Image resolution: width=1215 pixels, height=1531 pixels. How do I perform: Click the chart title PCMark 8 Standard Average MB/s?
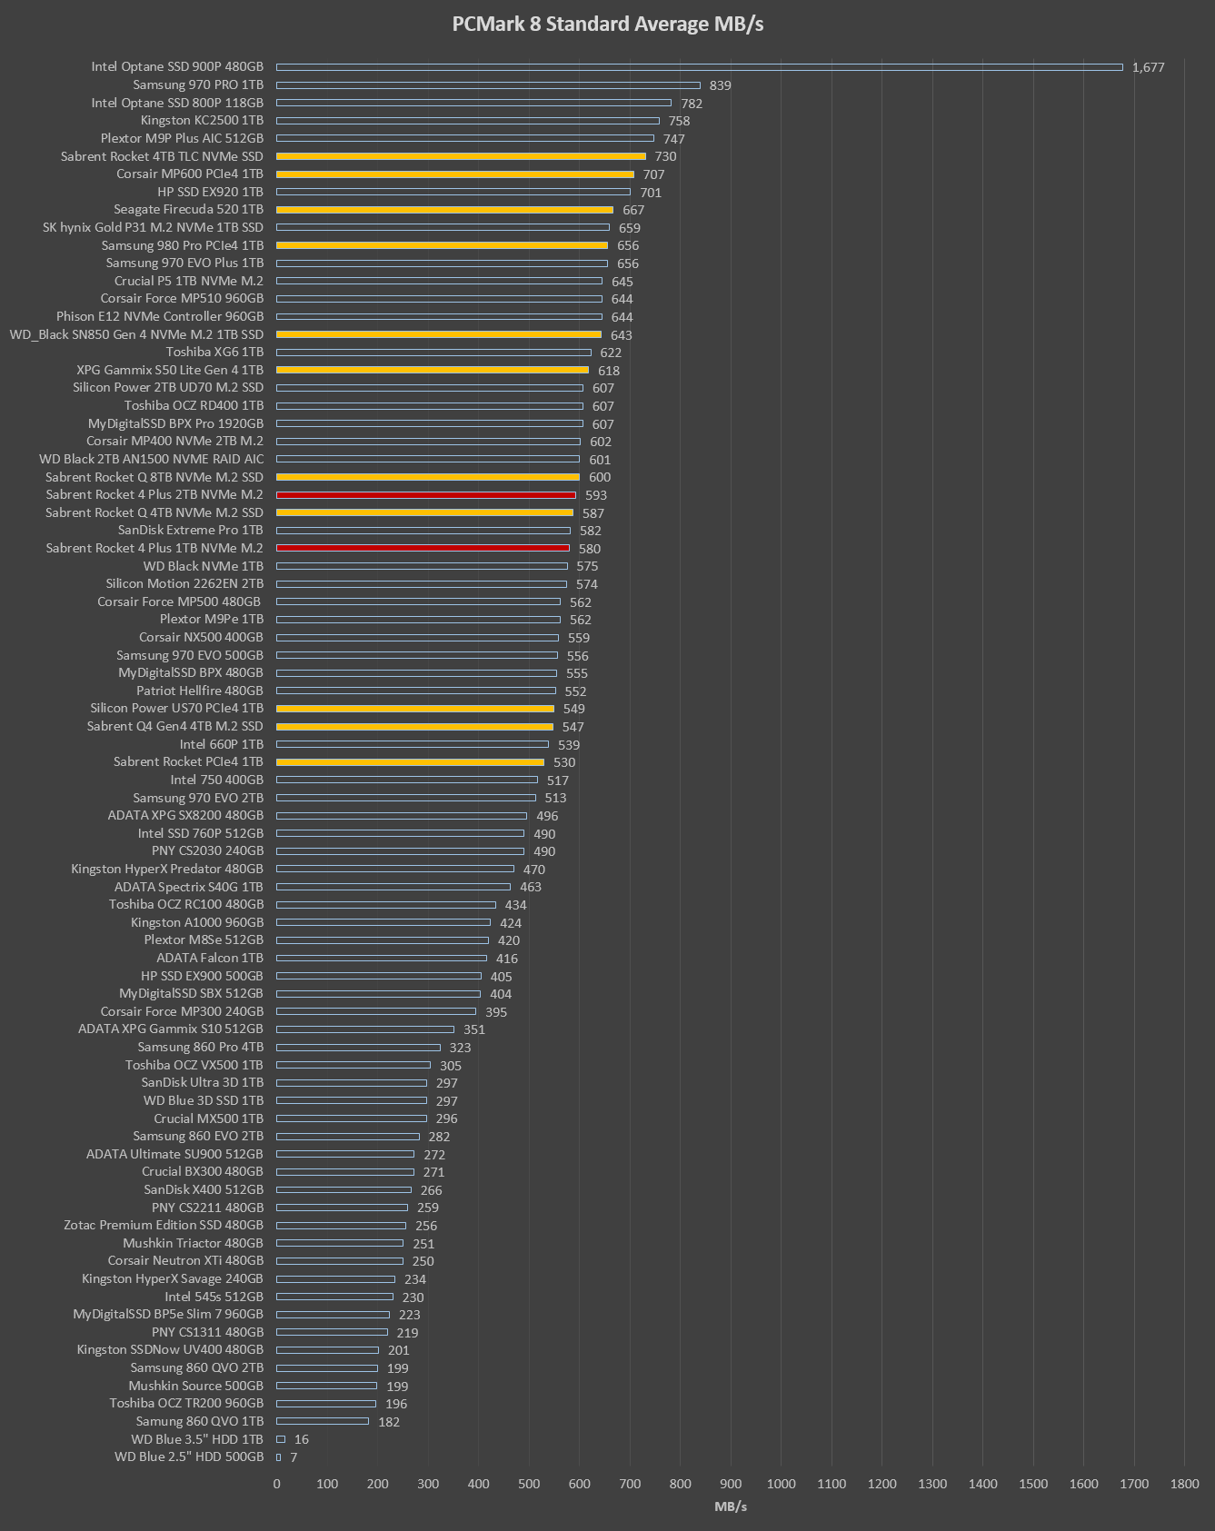(x=607, y=25)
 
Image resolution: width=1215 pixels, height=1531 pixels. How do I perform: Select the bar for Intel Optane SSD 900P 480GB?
(x=699, y=66)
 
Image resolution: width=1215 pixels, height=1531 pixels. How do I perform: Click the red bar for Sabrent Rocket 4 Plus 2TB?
(x=425, y=495)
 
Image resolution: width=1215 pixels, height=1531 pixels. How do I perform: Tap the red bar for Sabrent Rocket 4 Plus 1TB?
(x=423, y=548)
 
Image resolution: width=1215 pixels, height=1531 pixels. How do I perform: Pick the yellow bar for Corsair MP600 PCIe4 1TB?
(x=454, y=174)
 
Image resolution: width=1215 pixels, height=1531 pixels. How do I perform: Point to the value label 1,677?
(x=1148, y=67)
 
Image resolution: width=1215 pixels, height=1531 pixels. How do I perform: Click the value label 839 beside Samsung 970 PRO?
(x=720, y=85)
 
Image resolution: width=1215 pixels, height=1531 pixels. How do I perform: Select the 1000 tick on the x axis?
(x=781, y=1484)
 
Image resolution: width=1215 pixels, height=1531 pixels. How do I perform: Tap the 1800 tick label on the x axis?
(x=1184, y=1484)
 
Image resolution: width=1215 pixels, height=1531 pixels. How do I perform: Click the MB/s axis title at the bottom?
(x=731, y=1506)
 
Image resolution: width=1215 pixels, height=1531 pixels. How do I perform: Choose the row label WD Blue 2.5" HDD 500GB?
(x=189, y=1456)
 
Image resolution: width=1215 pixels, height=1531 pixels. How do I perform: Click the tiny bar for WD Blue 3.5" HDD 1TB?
(x=281, y=1439)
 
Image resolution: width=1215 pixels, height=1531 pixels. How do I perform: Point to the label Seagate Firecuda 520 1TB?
(x=189, y=210)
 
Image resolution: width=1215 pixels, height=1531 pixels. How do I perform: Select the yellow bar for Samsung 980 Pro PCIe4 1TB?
(x=442, y=245)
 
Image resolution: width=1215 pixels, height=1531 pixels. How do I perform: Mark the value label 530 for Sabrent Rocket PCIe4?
(x=564, y=762)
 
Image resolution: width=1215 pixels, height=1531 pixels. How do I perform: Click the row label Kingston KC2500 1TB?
(x=202, y=121)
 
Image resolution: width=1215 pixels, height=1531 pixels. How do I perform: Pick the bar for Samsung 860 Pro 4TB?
(x=358, y=1048)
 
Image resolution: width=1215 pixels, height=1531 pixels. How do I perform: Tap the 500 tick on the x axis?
(x=529, y=1484)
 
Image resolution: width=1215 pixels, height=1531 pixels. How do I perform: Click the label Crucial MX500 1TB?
(x=208, y=1118)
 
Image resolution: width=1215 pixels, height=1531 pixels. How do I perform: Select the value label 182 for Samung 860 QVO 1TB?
(x=389, y=1422)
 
